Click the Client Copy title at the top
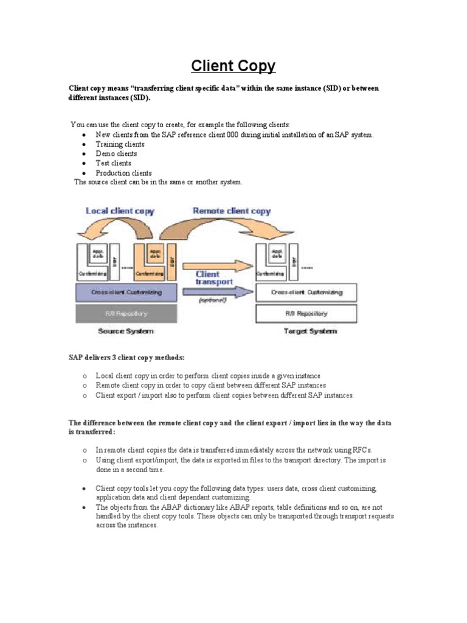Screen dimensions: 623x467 233,66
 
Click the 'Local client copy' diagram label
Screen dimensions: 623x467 120,211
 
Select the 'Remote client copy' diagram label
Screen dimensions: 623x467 231,211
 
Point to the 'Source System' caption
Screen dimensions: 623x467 126,332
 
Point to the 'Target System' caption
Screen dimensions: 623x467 310,332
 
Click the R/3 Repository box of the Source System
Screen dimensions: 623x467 126,313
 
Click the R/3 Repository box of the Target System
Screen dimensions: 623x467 307,313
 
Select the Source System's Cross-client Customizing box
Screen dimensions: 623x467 126,293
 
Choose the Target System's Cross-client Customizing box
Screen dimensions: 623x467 307,293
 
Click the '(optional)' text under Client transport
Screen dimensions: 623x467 212,301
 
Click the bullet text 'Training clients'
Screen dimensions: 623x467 120,144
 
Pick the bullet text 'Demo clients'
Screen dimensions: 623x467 116,154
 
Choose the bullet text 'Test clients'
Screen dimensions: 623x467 113,163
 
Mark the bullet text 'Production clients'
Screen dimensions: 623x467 123,173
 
